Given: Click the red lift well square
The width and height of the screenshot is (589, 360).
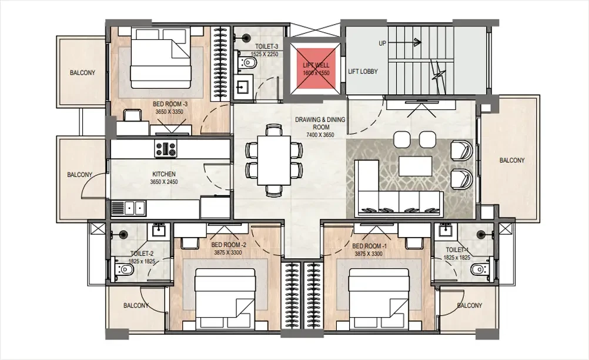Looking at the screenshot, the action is coord(316,69).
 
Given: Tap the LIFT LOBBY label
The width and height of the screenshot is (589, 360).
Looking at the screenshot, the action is coord(363,71).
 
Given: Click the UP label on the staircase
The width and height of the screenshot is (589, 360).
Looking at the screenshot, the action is coord(383,44).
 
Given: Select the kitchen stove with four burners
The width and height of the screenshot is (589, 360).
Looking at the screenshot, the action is coord(166,148).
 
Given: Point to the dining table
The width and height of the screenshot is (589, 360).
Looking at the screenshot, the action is coord(274,160).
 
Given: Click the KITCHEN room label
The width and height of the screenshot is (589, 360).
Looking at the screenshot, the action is coord(164,174).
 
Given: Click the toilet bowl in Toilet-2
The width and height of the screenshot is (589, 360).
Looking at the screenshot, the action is coord(123,269).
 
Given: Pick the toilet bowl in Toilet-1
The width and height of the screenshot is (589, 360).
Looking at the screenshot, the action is coord(480,269).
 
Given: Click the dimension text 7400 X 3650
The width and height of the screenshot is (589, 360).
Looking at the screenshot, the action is coord(320,135).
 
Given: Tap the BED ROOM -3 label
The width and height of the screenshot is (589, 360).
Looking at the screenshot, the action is coord(170,104).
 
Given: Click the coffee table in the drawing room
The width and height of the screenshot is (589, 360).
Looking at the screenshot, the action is coord(416,166).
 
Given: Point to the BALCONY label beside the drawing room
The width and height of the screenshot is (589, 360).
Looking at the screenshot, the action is coord(512,161).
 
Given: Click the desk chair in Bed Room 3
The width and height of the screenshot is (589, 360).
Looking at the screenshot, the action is coord(133,115).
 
